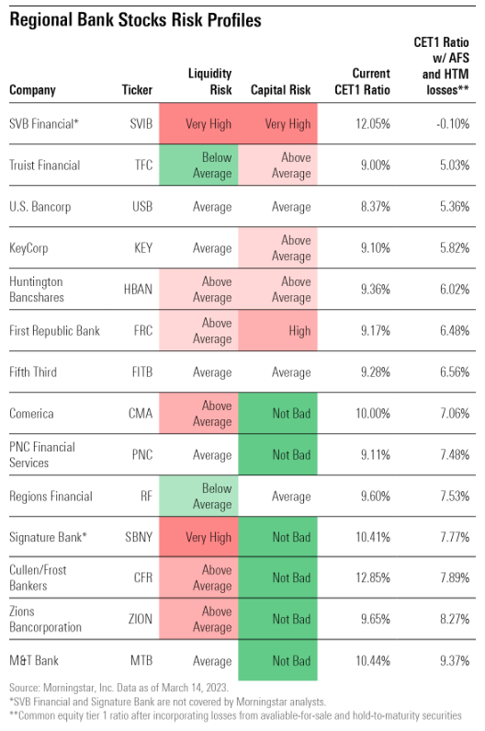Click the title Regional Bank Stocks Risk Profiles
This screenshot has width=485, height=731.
pos(135,20)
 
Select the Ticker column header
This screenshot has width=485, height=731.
pos(137,90)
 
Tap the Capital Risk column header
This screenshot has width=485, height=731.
pos(280,90)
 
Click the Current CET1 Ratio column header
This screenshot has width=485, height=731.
pos(363,82)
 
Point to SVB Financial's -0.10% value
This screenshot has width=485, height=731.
pos(453,124)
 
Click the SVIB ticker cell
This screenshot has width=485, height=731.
pos(141,124)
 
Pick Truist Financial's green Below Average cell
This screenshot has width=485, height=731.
pos(198,165)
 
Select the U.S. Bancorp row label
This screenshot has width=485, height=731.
pos(40,207)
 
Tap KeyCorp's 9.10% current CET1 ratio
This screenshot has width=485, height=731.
pos(376,248)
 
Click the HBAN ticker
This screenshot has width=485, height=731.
pos(138,290)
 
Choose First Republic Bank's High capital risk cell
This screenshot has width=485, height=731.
pos(277,330)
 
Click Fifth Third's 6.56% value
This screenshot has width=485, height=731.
pos(455,372)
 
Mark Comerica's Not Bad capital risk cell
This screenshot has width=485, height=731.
pos(277,413)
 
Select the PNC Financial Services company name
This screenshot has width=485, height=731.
pos(42,455)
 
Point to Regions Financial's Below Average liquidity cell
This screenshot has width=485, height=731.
pos(198,496)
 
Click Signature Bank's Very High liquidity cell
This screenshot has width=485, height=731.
pos(198,537)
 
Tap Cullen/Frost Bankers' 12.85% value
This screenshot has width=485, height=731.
pos(373,578)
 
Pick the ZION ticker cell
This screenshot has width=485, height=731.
pos(141,620)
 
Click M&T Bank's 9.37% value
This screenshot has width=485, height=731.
pos(455,660)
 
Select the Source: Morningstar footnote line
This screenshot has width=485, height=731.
pos(118,688)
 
